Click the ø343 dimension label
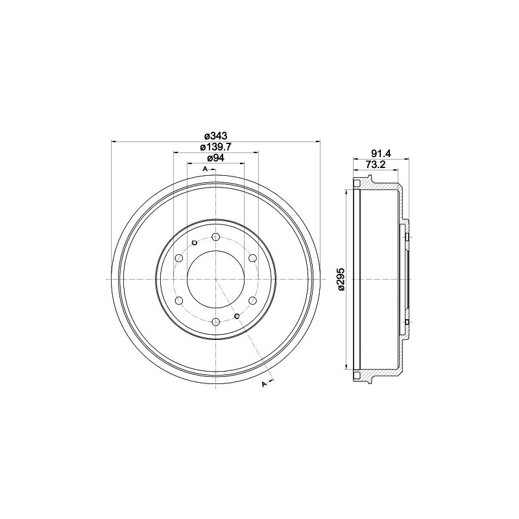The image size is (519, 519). [x=215, y=136]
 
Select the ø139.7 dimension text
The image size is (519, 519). [x=215, y=147]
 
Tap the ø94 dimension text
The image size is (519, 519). [x=215, y=158]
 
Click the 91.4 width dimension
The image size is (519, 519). [x=380, y=154]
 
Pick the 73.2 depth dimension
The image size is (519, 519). [x=376, y=165]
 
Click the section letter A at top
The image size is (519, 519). [x=205, y=169]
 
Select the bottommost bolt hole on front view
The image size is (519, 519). [x=216, y=322]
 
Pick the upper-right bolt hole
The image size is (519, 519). [x=253, y=258]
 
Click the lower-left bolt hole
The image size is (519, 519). [x=179, y=300]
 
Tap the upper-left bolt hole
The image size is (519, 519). [x=179, y=258]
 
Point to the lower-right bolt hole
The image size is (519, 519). [x=253, y=300]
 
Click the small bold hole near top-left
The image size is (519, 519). [x=194, y=243]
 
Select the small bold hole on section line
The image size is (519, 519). [x=237, y=316]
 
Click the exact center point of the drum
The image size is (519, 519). [x=216, y=279]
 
